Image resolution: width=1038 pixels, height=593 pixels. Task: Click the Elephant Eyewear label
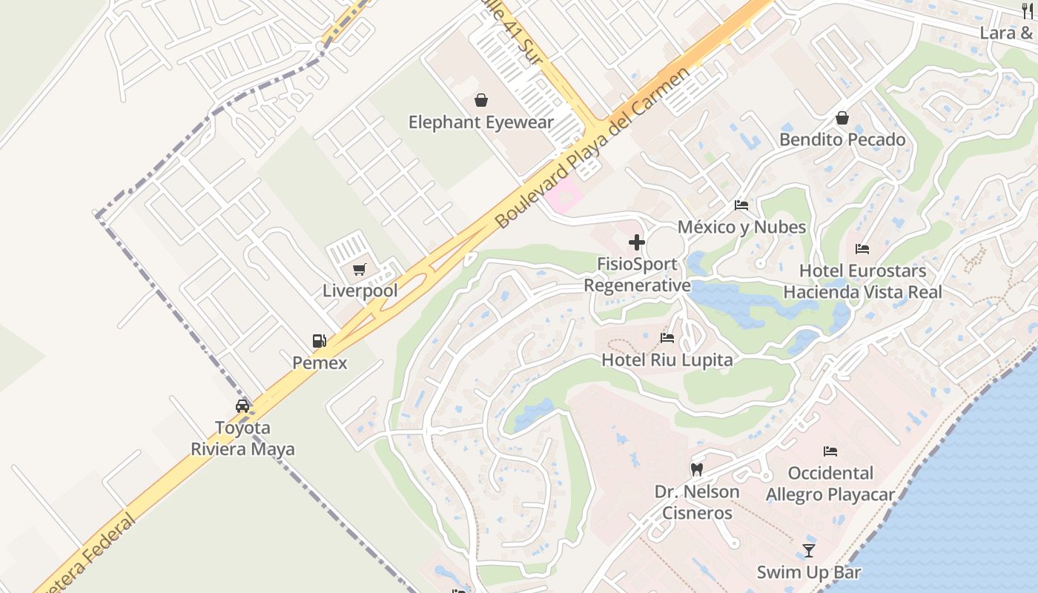(x=481, y=122)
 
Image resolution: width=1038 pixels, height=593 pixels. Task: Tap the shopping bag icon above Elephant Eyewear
(x=481, y=100)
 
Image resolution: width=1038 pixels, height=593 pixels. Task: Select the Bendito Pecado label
(x=842, y=139)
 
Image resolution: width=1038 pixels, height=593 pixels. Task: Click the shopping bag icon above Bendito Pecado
(x=842, y=118)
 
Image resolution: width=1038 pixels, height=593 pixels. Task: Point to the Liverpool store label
(x=360, y=291)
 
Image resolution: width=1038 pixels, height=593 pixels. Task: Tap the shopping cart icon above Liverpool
(x=360, y=269)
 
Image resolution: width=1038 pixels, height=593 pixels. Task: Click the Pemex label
(x=320, y=363)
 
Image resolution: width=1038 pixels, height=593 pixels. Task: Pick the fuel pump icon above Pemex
(x=320, y=342)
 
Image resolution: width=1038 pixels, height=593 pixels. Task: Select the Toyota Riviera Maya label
(x=242, y=438)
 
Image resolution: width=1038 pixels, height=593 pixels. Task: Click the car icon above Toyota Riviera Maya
(x=242, y=406)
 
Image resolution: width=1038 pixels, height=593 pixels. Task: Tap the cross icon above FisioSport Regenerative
(x=637, y=242)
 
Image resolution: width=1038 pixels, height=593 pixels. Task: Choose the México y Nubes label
(x=741, y=227)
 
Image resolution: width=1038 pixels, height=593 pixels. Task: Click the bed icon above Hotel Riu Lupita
(x=667, y=338)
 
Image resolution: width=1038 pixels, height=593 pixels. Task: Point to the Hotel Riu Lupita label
(x=667, y=360)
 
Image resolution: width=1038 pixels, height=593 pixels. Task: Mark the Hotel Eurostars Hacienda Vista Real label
(x=862, y=282)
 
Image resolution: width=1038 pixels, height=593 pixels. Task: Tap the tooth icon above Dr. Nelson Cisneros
(x=697, y=469)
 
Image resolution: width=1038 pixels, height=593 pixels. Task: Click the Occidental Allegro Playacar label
(x=830, y=483)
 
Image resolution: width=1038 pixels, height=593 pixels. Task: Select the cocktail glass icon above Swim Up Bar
(x=809, y=551)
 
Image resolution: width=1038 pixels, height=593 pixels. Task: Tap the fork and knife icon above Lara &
(x=1027, y=11)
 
